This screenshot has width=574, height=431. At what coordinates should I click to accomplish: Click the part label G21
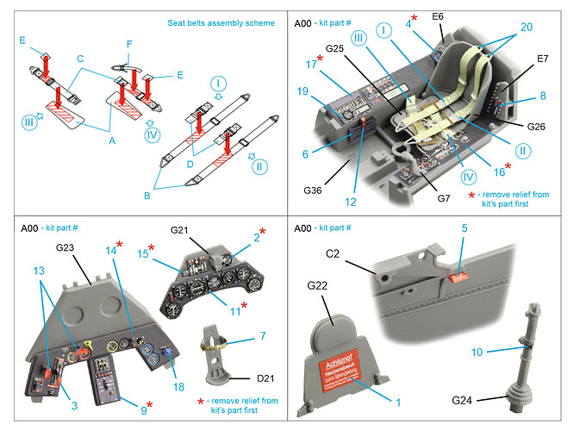point(180,229)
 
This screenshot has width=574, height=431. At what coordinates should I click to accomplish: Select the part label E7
point(542,59)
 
